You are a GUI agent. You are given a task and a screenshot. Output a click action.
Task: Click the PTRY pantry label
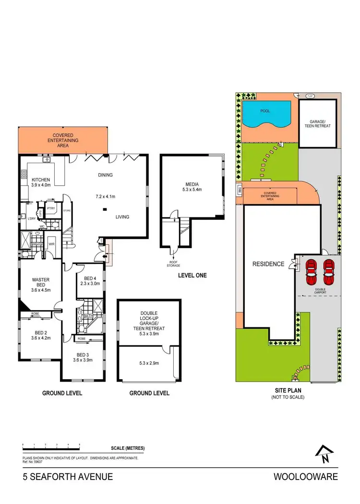[x=50, y=209]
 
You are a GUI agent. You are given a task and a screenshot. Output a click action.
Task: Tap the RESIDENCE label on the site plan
[x=268, y=264]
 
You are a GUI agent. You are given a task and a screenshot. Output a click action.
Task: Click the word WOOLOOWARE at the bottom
[x=305, y=477]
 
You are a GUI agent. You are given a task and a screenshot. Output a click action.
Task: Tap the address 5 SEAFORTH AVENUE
[x=68, y=477]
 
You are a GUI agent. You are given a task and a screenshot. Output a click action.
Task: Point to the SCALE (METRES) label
[x=128, y=448]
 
